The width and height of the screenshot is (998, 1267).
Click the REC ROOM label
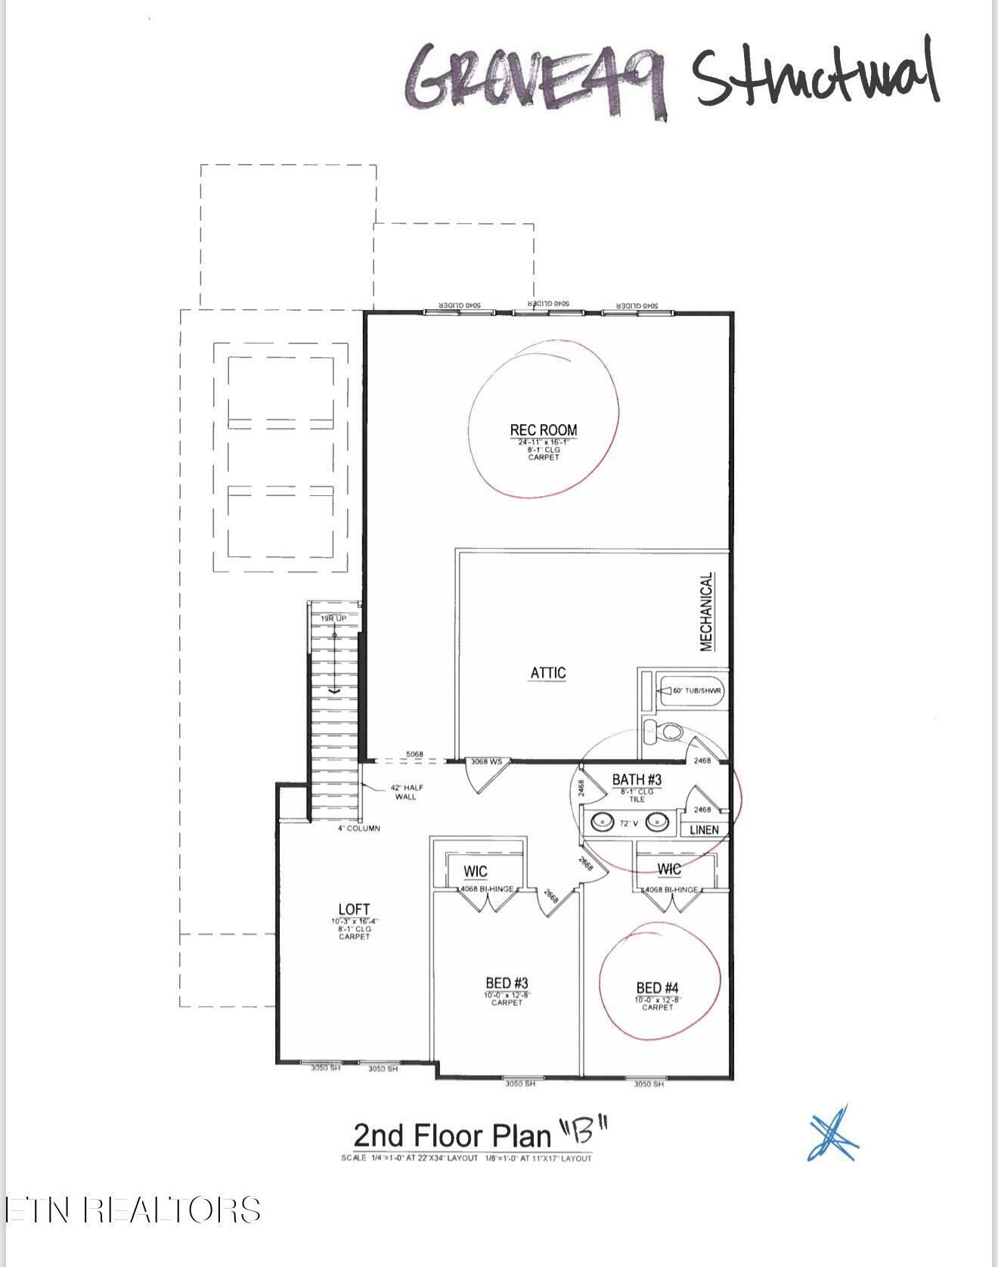(543, 430)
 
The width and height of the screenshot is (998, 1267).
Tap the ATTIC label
(548, 673)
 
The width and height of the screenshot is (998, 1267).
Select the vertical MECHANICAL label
(706, 612)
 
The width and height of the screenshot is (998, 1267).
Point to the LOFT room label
(354, 909)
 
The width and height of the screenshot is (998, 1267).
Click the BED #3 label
(507, 983)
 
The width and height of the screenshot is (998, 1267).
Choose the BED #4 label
(657, 987)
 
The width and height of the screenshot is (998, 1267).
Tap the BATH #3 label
(637, 779)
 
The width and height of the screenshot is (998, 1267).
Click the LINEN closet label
(704, 830)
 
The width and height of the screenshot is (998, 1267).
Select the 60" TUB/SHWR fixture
(692, 690)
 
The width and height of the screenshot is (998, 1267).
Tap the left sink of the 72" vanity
(603, 821)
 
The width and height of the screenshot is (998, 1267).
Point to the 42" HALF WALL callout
(406, 791)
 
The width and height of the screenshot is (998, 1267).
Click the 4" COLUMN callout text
(358, 829)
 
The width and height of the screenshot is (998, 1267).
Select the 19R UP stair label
(333, 618)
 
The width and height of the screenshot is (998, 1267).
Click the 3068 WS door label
(486, 761)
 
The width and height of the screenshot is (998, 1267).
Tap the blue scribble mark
(833, 1134)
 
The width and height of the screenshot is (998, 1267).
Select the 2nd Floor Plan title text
(453, 1135)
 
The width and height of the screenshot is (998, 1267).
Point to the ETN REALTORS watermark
(133, 1210)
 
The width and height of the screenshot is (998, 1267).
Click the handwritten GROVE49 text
(537, 79)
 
